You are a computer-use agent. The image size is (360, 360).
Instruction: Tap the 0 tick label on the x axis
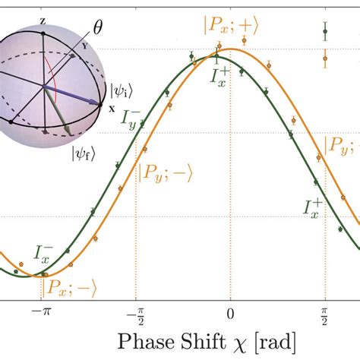pos(230,311)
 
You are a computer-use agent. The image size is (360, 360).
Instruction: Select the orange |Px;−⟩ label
pos(68,286)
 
